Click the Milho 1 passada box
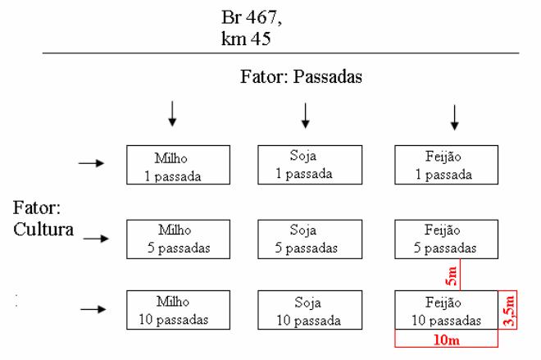tap(178, 165)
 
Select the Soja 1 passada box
tap(310, 165)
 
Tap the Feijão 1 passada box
tap(446, 165)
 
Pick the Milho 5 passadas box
tap(178, 239)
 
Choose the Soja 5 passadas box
tap(310, 239)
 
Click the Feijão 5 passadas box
tap(446, 239)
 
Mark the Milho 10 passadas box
tap(178, 310)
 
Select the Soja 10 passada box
tap(310, 310)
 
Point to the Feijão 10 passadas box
tap(446, 310)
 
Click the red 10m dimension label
tap(447, 340)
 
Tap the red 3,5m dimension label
tap(509, 311)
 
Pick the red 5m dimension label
tap(452, 276)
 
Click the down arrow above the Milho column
tap(172, 113)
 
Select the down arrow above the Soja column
tap(305, 116)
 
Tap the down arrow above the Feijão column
tap(455, 117)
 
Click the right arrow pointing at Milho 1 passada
tap(92, 163)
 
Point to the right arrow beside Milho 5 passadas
tap(96, 238)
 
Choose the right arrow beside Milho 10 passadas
tap(93, 309)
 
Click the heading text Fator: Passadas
tap(301, 76)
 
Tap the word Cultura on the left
tap(43, 229)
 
